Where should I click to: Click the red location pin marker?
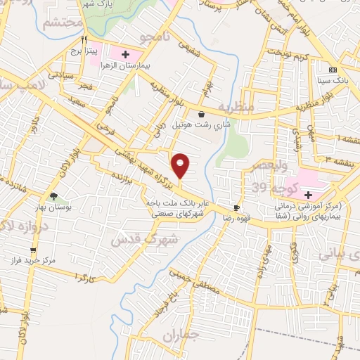pos(181,166)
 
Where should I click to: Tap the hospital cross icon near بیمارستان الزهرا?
pos(126,53)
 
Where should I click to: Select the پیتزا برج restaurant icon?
pos(84,39)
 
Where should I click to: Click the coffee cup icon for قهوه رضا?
pos(237,207)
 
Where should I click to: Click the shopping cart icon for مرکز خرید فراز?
pos(32,250)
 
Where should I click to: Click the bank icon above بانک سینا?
pos(333,70)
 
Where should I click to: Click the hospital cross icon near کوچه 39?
pos(308,174)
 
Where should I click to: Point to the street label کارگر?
pos(84,278)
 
